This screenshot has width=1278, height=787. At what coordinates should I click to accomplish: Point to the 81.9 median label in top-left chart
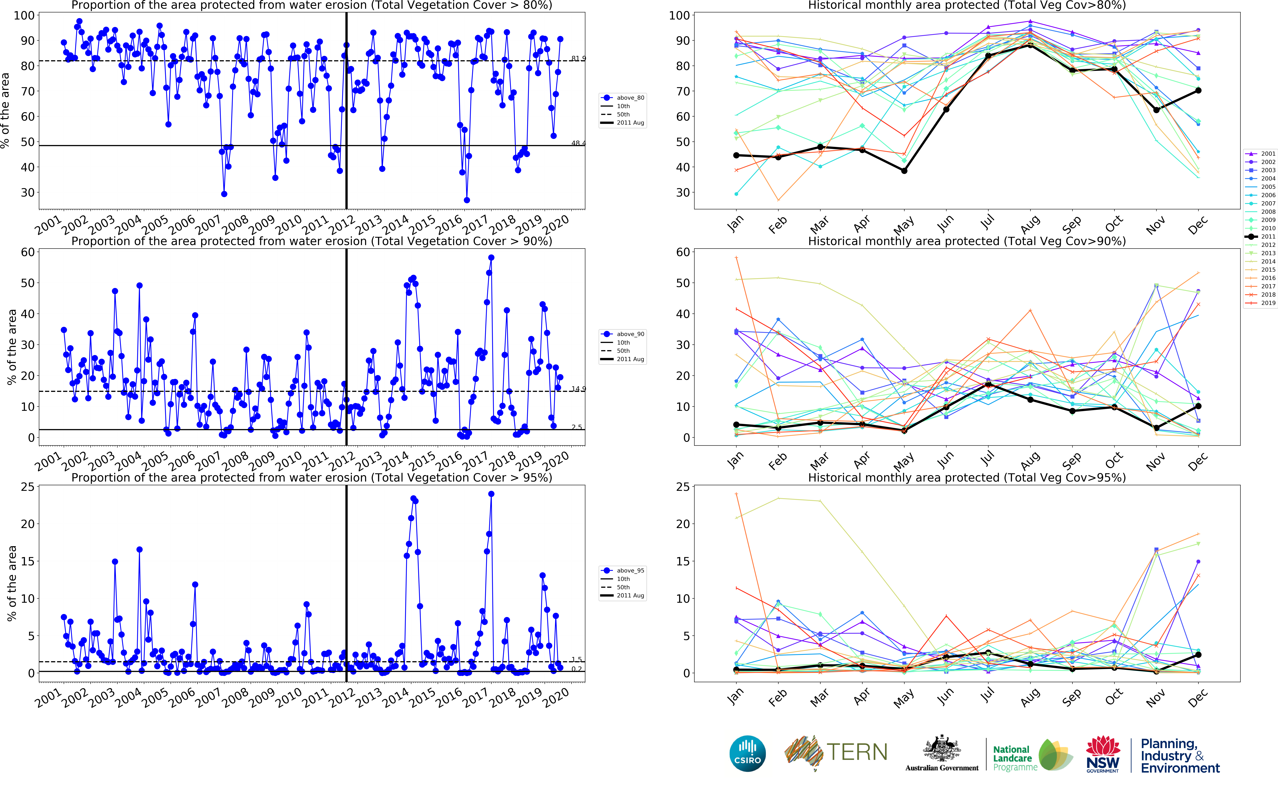[x=578, y=58]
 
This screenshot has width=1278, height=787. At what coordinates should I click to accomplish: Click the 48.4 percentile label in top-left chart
[x=578, y=143]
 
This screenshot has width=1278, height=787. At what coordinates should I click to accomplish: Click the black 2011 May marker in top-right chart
[x=904, y=171]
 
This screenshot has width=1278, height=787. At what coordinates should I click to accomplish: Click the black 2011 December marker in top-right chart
[x=1198, y=91]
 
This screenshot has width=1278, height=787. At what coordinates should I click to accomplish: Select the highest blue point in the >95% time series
[x=491, y=494]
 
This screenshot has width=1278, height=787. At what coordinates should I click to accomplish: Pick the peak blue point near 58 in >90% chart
[x=491, y=258]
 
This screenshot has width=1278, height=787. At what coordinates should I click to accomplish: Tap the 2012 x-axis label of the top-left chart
[x=342, y=225]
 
